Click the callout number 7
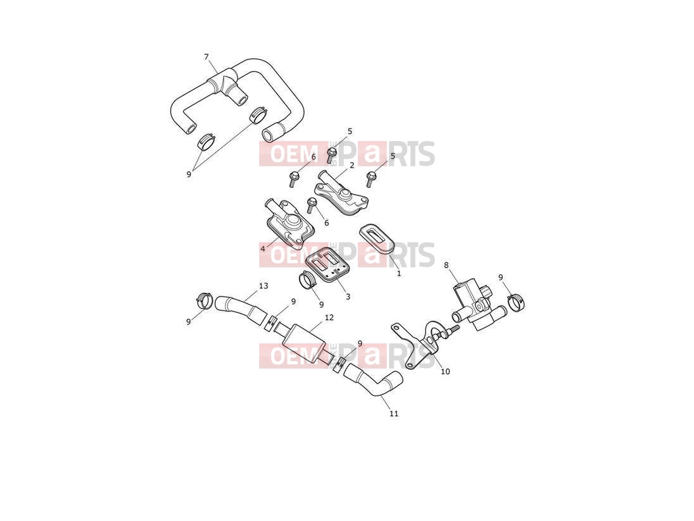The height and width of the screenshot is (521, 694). click(206, 57)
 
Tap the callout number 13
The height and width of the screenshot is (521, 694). click(264, 286)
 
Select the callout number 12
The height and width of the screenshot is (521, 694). click(329, 317)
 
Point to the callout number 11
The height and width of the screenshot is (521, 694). click(394, 414)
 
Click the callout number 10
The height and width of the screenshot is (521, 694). click(445, 371)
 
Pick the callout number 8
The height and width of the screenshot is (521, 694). click(446, 265)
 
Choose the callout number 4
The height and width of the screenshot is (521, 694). click(263, 248)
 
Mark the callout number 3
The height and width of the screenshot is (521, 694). click(348, 297)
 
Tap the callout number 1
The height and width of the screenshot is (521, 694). click(399, 274)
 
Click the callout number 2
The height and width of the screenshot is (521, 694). click(352, 166)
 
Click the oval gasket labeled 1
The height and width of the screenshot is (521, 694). click(376, 240)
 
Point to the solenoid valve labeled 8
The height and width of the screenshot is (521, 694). click(473, 305)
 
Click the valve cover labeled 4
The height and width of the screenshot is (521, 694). click(289, 221)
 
